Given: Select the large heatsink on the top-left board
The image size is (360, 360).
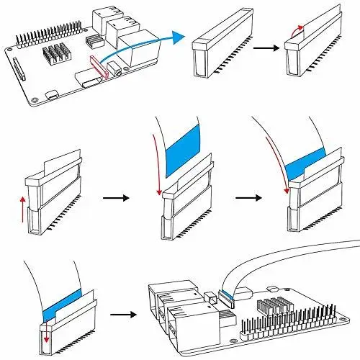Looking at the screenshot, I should (59, 56).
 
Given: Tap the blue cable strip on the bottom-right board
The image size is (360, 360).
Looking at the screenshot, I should (229, 293).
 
